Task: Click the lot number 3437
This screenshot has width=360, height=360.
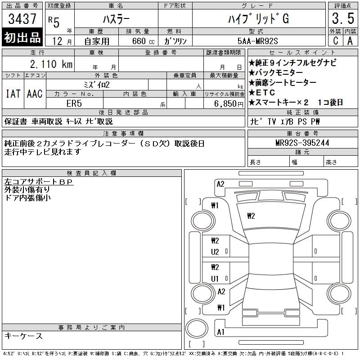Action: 22,18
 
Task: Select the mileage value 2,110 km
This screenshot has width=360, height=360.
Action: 51,64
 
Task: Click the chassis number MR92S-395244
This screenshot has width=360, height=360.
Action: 302,143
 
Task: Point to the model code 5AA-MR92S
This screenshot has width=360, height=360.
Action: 257,41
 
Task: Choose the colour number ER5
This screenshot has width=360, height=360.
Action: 74,103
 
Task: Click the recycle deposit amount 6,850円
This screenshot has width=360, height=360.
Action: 229,104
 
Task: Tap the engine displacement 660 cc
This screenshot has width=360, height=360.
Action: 143,41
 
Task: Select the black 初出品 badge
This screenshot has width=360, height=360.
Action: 22,37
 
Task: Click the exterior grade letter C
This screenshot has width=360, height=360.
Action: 336,41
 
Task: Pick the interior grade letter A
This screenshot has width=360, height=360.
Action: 350,41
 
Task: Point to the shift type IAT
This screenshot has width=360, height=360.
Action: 13,94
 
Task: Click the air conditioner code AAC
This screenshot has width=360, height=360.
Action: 35,94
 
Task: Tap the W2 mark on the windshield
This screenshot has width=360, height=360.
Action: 251,216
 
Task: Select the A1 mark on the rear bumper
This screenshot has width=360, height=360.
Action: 220,332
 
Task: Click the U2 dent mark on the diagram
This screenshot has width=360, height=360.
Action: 215,252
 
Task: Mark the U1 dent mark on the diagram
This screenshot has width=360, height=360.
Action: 215,279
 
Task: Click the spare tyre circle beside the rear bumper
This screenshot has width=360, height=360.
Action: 197,328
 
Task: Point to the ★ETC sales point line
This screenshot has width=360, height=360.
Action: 262,93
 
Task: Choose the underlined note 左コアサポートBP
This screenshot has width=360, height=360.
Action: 39,182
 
